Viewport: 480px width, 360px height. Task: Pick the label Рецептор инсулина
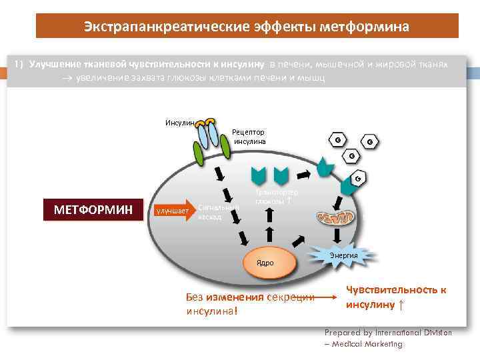pos(249,137)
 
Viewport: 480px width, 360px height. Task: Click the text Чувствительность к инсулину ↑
pos(395,297)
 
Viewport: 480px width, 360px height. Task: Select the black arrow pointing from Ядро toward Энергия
pos(298,248)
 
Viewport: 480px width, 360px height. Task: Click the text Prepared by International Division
pos(387,332)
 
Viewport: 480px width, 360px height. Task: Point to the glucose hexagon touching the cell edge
pos(357,179)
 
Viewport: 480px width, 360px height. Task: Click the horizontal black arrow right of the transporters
pos(301,175)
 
